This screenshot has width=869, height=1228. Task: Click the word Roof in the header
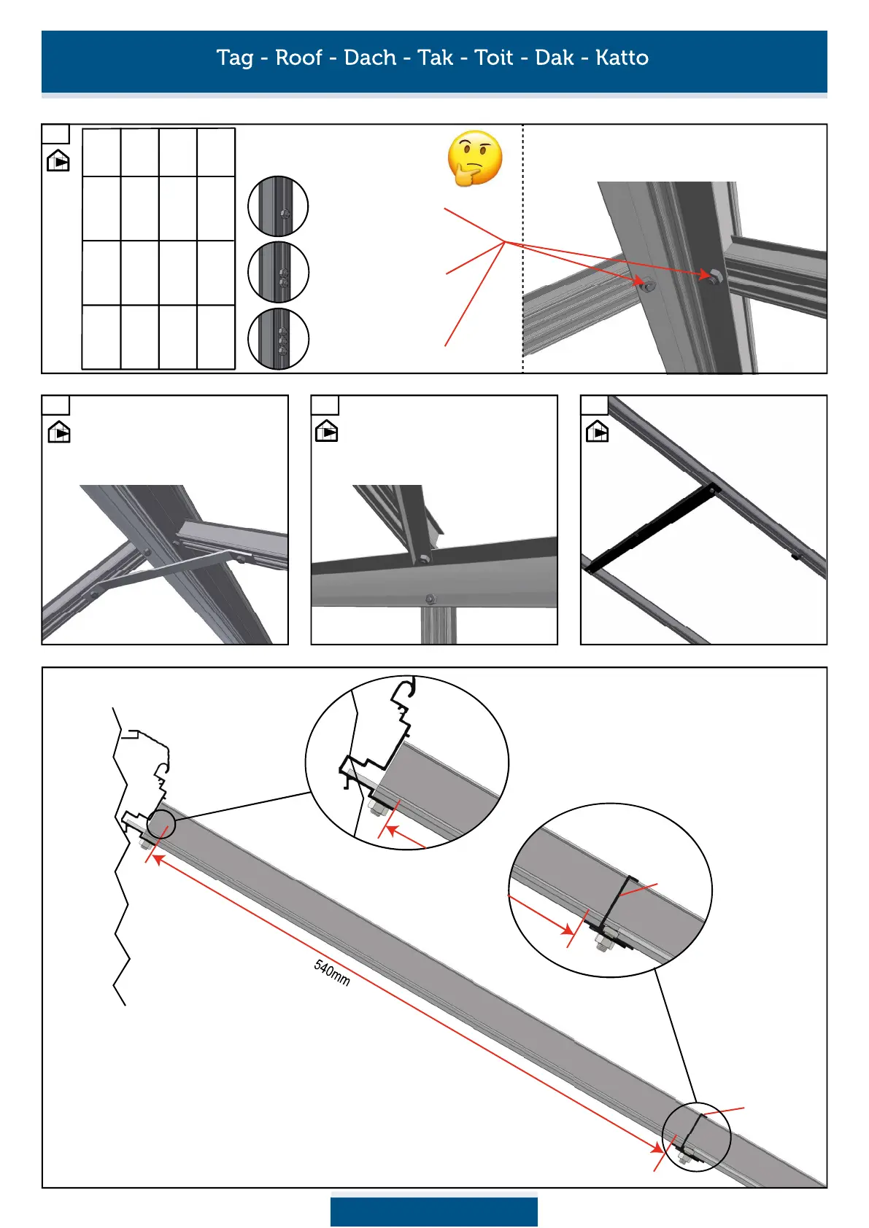click(x=298, y=58)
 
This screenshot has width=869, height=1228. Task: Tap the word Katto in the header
click(x=622, y=58)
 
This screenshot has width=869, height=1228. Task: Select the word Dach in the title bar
click(x=370, y=58)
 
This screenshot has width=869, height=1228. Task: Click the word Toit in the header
click(x=494, y=58)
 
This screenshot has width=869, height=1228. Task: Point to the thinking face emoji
click(x=475, y=158)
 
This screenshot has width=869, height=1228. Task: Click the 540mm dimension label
click(x=332, y=973)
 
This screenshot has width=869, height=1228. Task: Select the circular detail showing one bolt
click(x=278, y=206)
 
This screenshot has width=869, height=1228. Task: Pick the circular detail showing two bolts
click(x=278, y=272)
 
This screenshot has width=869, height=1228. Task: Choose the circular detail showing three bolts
click(x=278, y=338)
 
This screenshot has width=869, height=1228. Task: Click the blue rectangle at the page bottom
click(x=433, y=1211)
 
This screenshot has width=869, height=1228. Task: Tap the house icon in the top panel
click(x=58, y=160)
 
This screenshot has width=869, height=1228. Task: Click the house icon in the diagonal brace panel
click(x=59, y=432)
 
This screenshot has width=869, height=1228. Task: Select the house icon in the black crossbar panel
click(x=597, y=432)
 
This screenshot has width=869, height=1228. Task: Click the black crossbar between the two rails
click(x=651, y=526)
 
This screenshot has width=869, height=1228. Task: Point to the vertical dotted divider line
click(x=523, y=248)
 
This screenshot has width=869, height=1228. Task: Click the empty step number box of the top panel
click(x=55, y=134)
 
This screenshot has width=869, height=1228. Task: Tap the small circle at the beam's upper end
click(x=161, y=824)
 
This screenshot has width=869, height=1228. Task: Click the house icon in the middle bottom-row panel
click(x=327, y=432)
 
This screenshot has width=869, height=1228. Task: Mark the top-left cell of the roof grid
click(x=101, y=152)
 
